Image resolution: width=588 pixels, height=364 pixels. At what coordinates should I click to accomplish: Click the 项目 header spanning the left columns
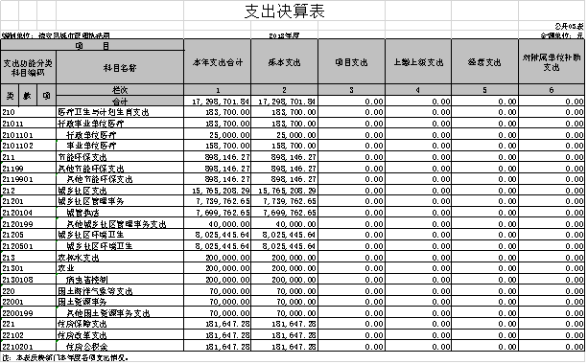point(92,45)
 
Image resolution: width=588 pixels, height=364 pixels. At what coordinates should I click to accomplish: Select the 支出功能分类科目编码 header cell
point(28,67)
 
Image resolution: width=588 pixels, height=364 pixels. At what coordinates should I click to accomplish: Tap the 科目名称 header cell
point(120,67)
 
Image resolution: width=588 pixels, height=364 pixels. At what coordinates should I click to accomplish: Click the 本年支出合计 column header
point(218,62)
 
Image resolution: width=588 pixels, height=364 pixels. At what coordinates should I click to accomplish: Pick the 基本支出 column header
point(284,62)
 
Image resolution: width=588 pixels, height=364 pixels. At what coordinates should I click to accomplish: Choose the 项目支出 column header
point(351,62)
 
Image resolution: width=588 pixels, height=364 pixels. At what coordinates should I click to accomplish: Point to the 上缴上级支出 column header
point(418,62)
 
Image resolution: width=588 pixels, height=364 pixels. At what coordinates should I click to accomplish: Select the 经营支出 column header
point(484,62)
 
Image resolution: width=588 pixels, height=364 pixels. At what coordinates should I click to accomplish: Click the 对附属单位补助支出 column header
point(552,62)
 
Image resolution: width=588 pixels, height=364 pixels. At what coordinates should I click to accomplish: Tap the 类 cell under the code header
point(10,96)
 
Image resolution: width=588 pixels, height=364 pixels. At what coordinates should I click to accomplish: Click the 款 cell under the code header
point(28,96)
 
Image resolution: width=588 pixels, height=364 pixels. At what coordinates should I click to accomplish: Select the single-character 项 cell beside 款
point(46,96)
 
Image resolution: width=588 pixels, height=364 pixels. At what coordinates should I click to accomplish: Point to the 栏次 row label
point(120,90)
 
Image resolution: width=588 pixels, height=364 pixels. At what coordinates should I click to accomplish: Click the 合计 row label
point(120,101)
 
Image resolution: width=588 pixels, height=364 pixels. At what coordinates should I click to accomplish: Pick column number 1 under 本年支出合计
point(218,90)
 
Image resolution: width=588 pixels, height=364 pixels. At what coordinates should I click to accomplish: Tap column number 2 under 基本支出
point(284,90)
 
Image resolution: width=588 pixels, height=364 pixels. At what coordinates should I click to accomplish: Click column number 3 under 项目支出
point(351,90)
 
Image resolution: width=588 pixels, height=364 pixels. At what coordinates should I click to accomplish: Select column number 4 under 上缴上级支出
point(418,90)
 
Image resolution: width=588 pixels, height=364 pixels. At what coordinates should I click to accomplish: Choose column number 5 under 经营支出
point(484,90)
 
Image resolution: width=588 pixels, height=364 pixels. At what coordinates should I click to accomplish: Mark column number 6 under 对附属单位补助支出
point(552,90)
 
